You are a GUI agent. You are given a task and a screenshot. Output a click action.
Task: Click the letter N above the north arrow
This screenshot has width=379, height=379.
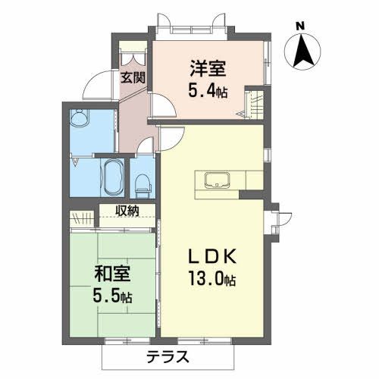pos(300,25)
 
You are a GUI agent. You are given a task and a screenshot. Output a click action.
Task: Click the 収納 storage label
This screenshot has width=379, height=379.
pos(127,211)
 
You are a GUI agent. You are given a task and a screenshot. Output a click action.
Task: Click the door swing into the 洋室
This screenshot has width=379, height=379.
pos(161,105)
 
